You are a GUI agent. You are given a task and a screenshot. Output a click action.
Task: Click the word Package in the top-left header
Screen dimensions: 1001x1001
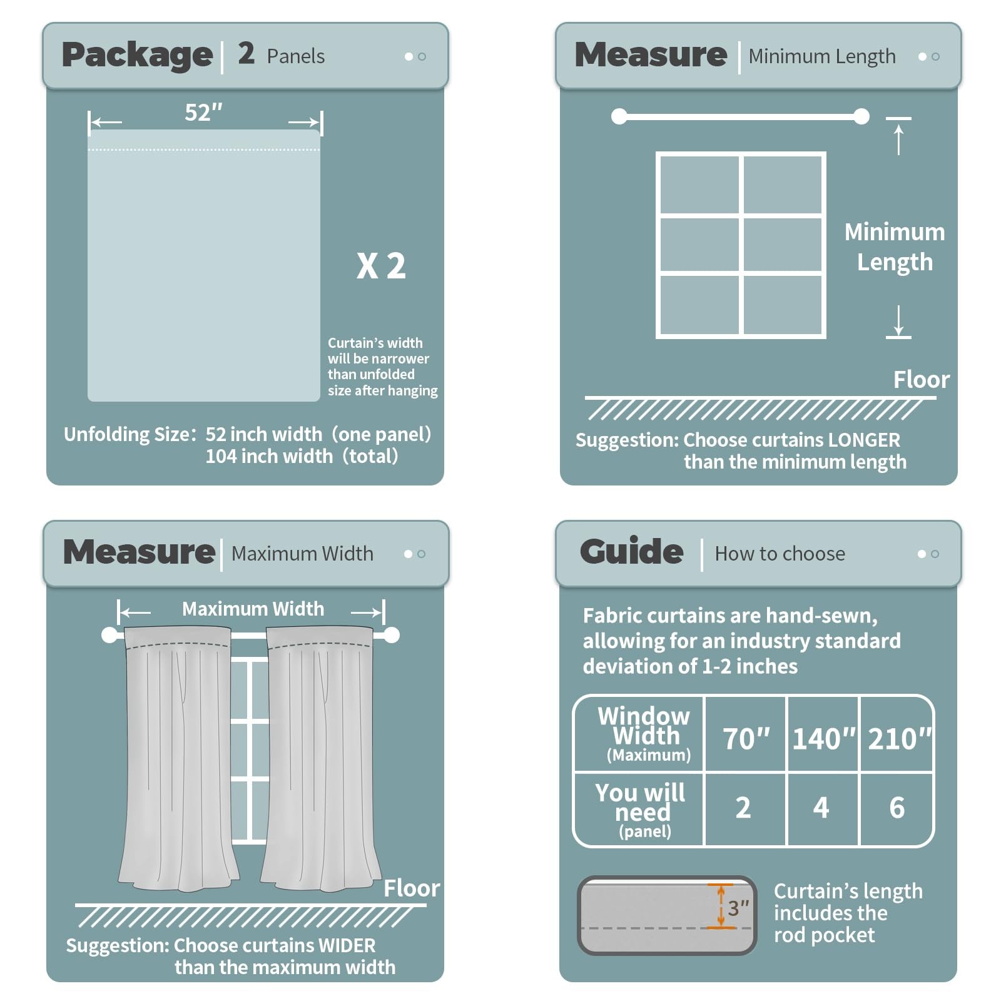[137, 55]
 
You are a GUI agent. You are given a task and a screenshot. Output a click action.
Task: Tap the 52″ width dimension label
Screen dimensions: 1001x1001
[203, 113]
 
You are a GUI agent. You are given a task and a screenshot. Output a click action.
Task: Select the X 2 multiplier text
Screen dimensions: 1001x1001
[381, 266]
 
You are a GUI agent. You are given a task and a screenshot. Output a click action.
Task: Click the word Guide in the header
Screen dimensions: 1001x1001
[631, 551]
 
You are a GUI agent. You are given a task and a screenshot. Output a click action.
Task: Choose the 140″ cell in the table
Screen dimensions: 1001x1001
[823, 738]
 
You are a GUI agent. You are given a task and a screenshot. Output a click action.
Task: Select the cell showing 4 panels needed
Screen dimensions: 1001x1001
[821, 808]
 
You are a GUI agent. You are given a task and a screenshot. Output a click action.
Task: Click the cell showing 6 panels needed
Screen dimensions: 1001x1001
[897, 808]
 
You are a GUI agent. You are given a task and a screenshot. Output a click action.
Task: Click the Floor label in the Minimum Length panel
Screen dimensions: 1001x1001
[921, 379]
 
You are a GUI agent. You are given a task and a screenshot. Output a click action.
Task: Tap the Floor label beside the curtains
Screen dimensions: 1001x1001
[412, 888]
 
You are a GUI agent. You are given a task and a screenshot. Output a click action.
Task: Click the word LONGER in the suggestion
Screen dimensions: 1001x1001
[864, 440]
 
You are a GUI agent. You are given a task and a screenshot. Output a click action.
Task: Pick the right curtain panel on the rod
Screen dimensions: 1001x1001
[320, 757]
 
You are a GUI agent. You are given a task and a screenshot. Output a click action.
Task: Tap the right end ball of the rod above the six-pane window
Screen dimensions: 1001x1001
[861, 116]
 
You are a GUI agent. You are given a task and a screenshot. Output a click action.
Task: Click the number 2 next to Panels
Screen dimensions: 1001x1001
[246, 53]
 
